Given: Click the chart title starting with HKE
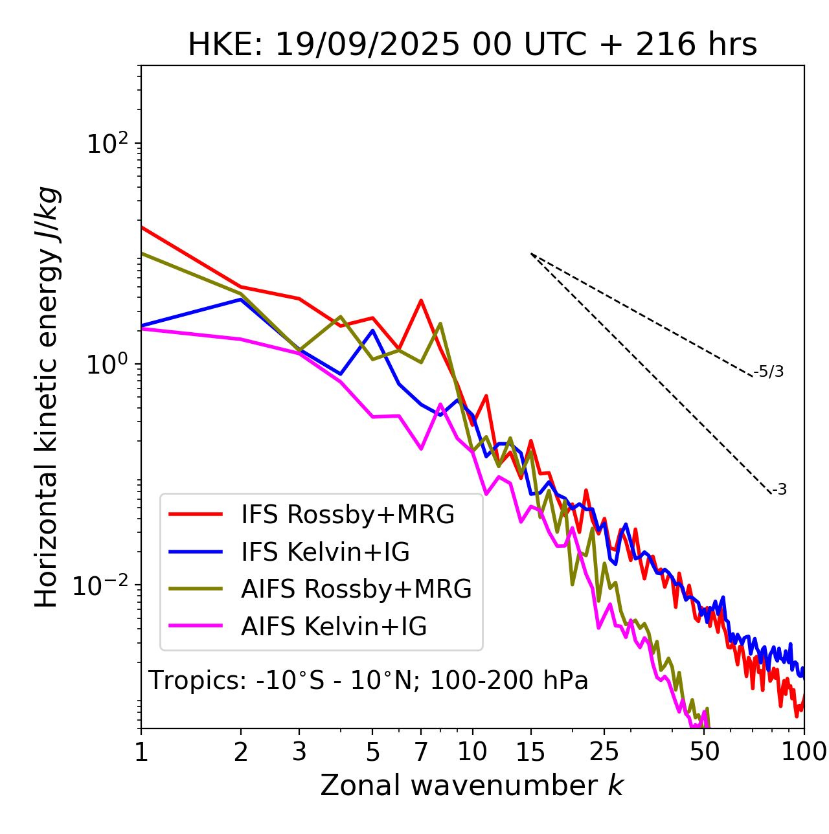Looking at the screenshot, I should tap(472, 45).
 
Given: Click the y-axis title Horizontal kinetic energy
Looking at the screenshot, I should tap(47, 397).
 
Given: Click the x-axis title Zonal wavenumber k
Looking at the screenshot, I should tap(471, 785).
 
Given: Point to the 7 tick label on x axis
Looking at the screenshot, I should tap(421, 751).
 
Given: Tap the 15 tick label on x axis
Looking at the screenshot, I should tap(531, 751).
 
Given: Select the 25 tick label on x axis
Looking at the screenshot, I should tap(604, 751).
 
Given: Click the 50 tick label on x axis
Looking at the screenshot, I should tap(705, 751).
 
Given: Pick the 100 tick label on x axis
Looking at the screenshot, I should tap(804, 751).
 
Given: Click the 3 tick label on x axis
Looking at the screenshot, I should tap(299, 751).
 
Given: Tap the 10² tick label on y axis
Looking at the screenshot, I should tap(106, 143).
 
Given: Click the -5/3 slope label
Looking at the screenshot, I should tap(769, 372).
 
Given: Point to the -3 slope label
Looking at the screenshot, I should tap(779, 490).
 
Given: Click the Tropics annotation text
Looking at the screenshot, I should tap(369, 681).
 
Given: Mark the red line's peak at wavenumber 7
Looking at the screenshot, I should tap(421, 300).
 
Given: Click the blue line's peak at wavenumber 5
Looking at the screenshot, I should tap(372, 330).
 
